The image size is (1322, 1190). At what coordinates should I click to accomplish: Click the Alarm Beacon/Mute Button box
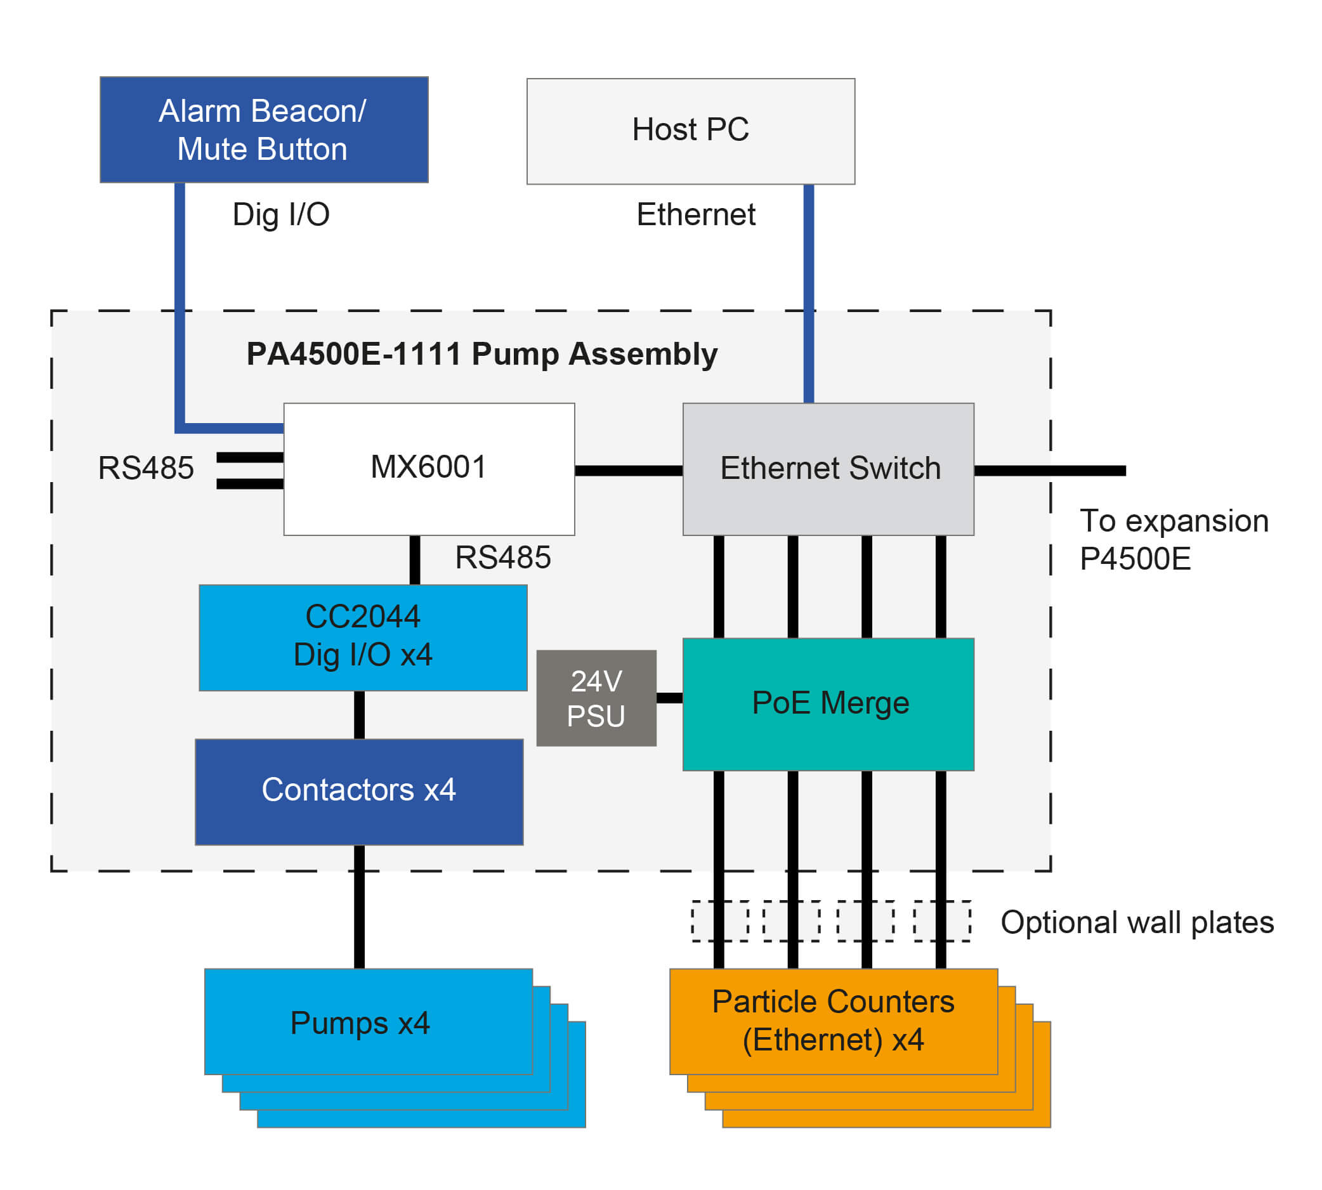264,129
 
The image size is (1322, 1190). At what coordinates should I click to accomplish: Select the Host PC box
690,131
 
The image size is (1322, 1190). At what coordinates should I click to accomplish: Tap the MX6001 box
429,469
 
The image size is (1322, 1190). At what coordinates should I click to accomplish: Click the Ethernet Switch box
828,469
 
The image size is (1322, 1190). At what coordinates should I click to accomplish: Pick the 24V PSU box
596,698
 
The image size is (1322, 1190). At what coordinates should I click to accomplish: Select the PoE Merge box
828,704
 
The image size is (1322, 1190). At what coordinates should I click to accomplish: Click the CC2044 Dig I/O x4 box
363,637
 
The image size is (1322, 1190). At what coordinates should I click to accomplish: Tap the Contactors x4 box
359,792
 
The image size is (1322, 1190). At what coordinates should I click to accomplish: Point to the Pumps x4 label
360,1023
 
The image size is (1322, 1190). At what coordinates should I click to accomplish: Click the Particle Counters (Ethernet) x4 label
833,1021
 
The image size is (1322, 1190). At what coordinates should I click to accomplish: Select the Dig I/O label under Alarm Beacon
281,215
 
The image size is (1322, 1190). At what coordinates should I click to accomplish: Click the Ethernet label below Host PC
696,215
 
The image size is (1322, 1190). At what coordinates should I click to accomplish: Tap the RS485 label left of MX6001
146,469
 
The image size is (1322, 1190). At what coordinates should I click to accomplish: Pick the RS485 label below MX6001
503,558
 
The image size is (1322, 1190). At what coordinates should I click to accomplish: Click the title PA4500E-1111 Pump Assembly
482,355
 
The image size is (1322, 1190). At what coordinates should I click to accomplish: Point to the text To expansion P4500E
1174,539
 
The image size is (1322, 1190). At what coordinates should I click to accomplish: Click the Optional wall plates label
1137,922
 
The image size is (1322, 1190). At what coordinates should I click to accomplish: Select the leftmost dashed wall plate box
721,921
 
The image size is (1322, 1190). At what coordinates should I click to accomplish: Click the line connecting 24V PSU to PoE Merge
669,698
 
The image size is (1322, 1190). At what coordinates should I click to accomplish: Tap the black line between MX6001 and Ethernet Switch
628,471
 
